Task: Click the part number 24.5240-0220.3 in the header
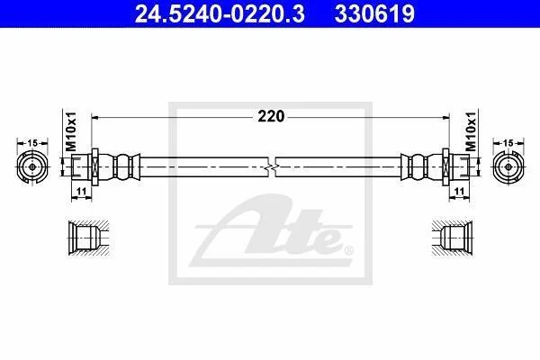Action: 220,13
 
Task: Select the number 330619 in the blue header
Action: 374,13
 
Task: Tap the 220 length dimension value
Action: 271,116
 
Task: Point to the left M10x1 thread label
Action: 72,131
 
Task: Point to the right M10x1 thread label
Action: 471,131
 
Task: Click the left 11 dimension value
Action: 81,191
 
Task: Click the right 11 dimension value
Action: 459,191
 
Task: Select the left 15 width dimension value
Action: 32,142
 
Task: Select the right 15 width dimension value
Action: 508,142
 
